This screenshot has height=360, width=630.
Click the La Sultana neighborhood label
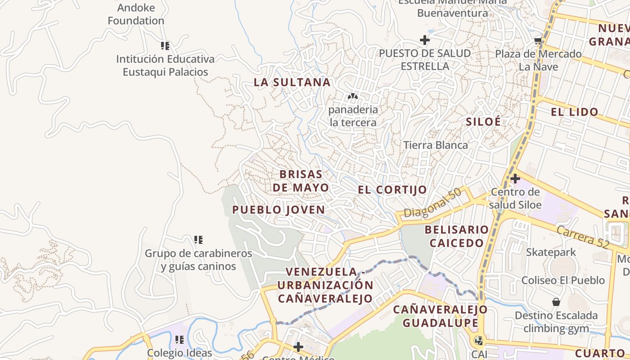(292, 82)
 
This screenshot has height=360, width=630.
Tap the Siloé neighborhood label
(483, 121)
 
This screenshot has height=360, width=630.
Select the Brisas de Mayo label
(301, 180)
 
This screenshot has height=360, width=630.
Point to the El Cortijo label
(392, 190)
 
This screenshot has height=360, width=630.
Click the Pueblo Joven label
(279, 210)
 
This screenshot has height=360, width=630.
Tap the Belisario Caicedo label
(457, 236)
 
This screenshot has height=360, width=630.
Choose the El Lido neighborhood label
(575, 112)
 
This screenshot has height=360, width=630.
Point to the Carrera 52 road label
(582, 237)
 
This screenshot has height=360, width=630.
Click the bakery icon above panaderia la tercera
(353, 96)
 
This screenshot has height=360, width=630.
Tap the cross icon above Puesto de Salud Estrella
(424, 40)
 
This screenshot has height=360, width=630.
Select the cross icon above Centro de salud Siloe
(515, 179)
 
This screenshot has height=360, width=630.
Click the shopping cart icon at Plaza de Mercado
(538, 41)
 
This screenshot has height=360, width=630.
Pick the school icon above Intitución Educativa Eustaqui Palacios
(165, 45)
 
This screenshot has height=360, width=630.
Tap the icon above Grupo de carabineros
(198, 239)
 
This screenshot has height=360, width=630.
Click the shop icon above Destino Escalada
(556, 302)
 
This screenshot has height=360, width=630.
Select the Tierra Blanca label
(436, 145)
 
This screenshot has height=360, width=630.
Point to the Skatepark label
(551, 252)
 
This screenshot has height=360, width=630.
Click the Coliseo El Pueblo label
(563, 280)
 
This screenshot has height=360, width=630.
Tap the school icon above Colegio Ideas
(180, 339)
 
